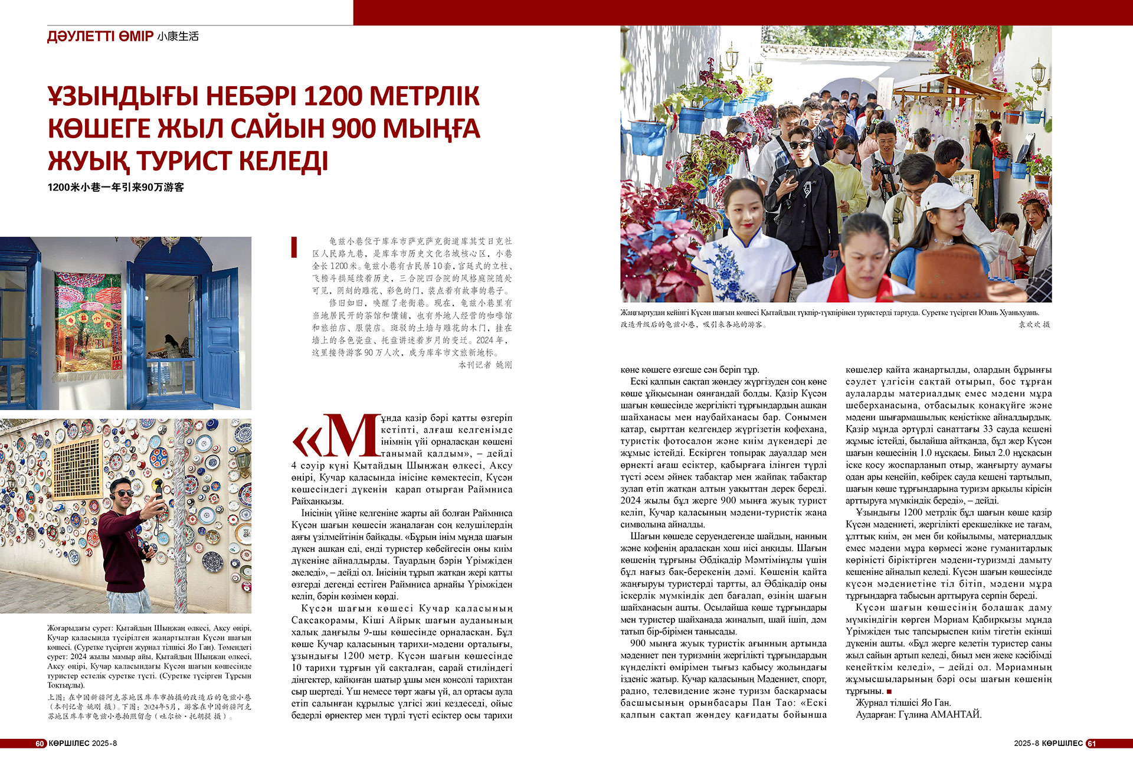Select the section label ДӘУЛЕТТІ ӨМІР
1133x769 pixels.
pyautogui.click(x=100, y=37)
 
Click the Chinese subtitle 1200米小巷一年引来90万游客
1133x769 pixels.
pyautogui.click(x=116, y=187)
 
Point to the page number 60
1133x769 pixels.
pyautogui.click(x=40, y=743)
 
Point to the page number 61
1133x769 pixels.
pyautogui.click(x=1091, y=743)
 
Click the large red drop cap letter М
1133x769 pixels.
pyautogui.click(x=353, y=436)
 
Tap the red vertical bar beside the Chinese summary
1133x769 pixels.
pyautogui.click(x=294, y=247)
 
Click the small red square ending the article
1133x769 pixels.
pyautogui.click(x=889, y=691)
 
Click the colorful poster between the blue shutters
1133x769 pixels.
pyautogui.click(x=88, y=321)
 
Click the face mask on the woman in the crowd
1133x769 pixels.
pyautogui.click(x=846, y=157)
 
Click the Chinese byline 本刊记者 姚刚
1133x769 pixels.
pyautogui.click(x=485, y=365)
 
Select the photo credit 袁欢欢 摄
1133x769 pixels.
pyautogui.click(x=1034, y=324)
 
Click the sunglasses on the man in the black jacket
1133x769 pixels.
pyautogui.click(x=800, y=145)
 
